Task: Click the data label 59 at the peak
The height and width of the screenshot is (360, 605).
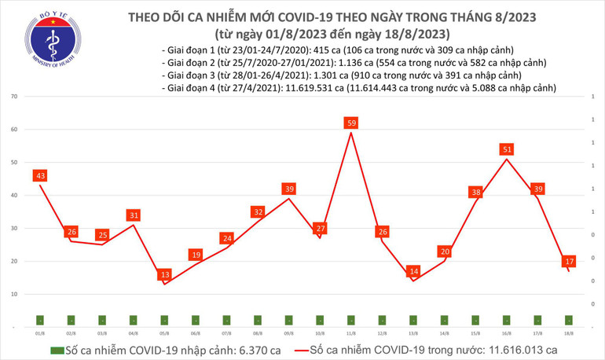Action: pyautogui.click(x=351, y=123)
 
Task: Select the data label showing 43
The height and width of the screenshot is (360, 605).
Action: pyautogui.click(x=39, y=174)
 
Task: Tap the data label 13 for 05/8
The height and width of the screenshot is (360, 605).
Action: pyautogui.click(x=164, y=274)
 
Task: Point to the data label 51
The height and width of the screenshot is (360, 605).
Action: pyautogui.click(x=507, y=149)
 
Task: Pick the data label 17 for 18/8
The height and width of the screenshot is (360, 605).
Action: pyautogui.click(x=569, y=261)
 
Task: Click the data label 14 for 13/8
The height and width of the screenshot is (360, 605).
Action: pyautogui.click(x=413, y=271)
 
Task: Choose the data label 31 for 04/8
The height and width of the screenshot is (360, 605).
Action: pyautogui.click(x=133, y=215)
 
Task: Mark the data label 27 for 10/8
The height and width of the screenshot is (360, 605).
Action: pyautogui.click(x=320, y=229)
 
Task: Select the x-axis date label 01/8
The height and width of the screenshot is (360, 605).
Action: pyautogui.click(x=39, y=332)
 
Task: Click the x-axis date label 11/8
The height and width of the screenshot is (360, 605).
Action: pyautogui.click(x=351, y=332)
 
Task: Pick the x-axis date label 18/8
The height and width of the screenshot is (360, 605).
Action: pyautogui.click(x=569, y=332)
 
